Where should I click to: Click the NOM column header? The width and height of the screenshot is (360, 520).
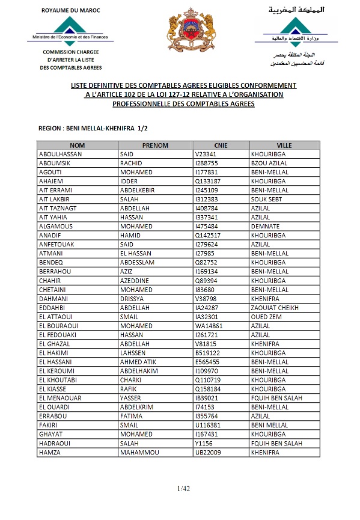pos(77,145)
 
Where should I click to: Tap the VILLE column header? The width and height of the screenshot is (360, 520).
pos(284,145)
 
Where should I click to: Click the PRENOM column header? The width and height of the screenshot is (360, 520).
pos(155,145)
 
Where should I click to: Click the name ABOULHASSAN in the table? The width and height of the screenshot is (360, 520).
pos(60,154)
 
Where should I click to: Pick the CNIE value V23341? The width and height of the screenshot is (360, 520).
pos(206,154)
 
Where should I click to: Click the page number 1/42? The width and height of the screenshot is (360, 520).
pos(183,488)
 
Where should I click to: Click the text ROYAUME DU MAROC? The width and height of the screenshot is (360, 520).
pos(71,11)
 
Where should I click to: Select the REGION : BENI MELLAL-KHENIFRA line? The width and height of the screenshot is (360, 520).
pos(93,129)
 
